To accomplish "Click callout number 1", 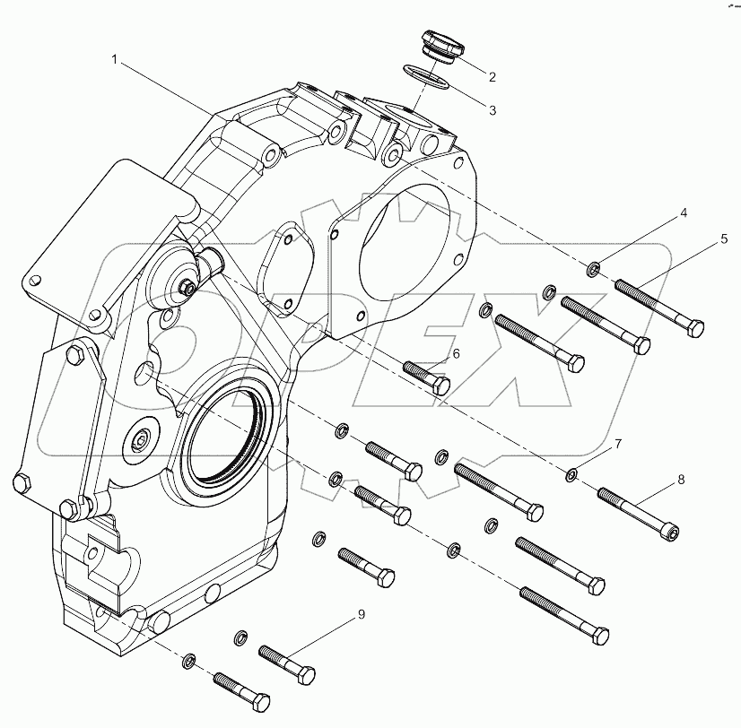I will pyautogui.click(x=115, y=59).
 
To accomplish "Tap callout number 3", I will pyautogui.click(x=492, y=109).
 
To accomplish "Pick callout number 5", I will pyautogui.click(x=723, y=240).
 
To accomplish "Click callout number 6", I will pyautogui.click(x=455, y=354).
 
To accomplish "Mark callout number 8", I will pyautogui.click(x=681, y=480).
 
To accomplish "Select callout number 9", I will pyautogui.click(x=362, y=614).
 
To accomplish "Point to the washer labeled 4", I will pyautogui.click(x=593, y=267).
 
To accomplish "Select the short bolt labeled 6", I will pyautogui.click(x=426, y=377).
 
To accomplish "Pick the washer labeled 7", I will pyautogui.click(x=571, y=472).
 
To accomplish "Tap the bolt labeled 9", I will pyautogui.click(x=287, y=662).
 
